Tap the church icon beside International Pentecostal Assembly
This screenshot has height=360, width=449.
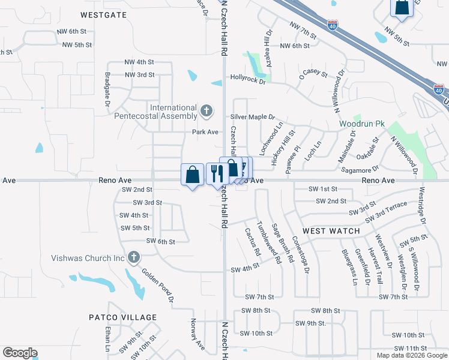tap(206, 110)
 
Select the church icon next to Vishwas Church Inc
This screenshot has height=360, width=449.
tap(133, 258)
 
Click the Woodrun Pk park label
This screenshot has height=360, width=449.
tap(361, 124)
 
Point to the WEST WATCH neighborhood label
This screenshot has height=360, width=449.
tap(331, 231)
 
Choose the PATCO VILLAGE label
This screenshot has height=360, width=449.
tap(122, 317)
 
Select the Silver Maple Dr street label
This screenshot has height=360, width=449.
tap(252, 117)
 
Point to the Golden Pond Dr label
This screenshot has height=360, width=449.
tap(158, 285)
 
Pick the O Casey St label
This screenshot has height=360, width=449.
tap(314, 75)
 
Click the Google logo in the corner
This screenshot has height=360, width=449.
tap(20, 353)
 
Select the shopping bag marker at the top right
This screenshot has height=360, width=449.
tap(401, 7)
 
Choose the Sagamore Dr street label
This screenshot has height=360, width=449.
tap(360, 170)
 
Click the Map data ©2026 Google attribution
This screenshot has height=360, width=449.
tap(412, 355)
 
